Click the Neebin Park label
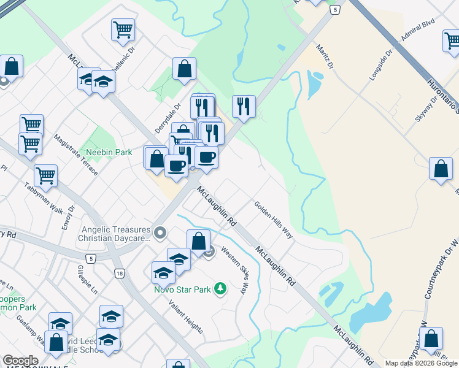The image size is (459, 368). [114, 151]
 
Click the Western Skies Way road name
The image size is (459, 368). [235, 270]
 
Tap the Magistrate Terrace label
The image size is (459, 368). [75, 155]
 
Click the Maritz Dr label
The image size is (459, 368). [324, 56]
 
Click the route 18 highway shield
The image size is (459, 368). [119, 273]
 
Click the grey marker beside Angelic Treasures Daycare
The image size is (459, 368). [160, 232]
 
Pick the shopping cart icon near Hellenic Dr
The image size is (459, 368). [123, 29]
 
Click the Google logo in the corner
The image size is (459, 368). [20, 361]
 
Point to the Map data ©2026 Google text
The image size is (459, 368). [421, 363]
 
